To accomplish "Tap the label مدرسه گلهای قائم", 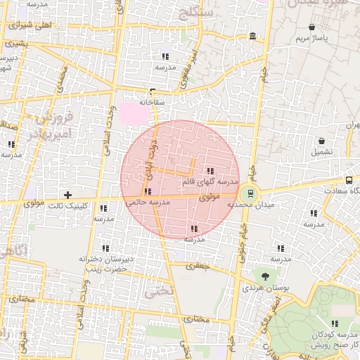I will (x=210, y=182).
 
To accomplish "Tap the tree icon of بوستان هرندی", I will (x=265, y=277).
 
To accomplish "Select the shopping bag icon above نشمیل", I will (x=321, y=141).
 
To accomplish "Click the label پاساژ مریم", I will (x=312, y=37).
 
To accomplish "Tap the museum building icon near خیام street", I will (x=252, y=36).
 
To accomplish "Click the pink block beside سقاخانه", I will (x=131, y=112).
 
